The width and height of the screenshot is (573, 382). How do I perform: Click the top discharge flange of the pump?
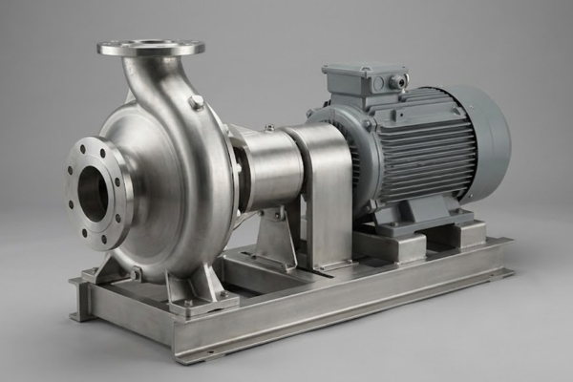point(150,47)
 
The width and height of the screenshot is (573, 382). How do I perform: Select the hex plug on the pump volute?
point(196,101)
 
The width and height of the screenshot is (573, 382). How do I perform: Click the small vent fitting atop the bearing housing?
point(269,128)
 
